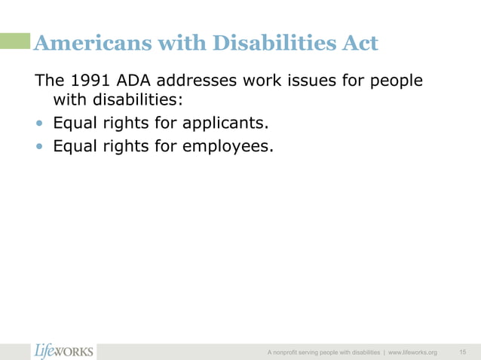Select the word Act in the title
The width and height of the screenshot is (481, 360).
pyautogui.click(x=356, y=44)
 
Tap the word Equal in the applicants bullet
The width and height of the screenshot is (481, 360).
pyautogui.click(x=74, y=123)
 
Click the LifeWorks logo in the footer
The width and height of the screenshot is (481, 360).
pyautogui.click(x=64, y=351)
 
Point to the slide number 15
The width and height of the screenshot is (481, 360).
pyautogui.click(x=462, y=352)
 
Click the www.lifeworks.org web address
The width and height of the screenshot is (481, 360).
pyautogui.click(x=412, y=352)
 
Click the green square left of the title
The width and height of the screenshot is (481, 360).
pyautogui.click(x=16, y=40)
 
